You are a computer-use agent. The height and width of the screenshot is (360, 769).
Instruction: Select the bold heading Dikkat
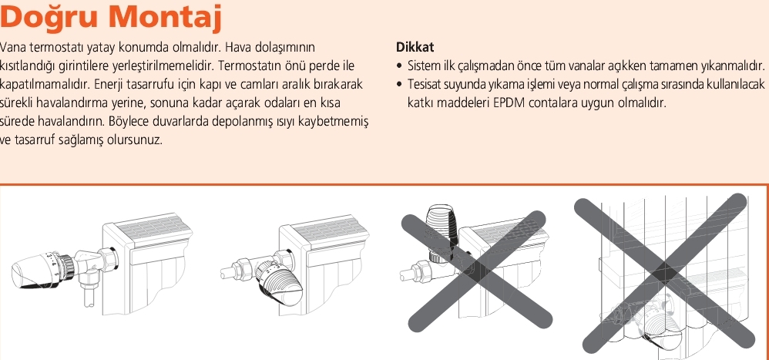[415, 48]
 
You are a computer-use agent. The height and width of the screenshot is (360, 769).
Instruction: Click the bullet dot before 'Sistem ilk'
[399, 66]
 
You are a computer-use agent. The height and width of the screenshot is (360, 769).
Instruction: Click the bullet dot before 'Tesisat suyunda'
[399, 85]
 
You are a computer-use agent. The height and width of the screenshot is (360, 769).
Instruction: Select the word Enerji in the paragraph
[109, 84]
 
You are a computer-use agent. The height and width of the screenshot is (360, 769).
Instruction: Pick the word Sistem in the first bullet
[422, 66]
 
